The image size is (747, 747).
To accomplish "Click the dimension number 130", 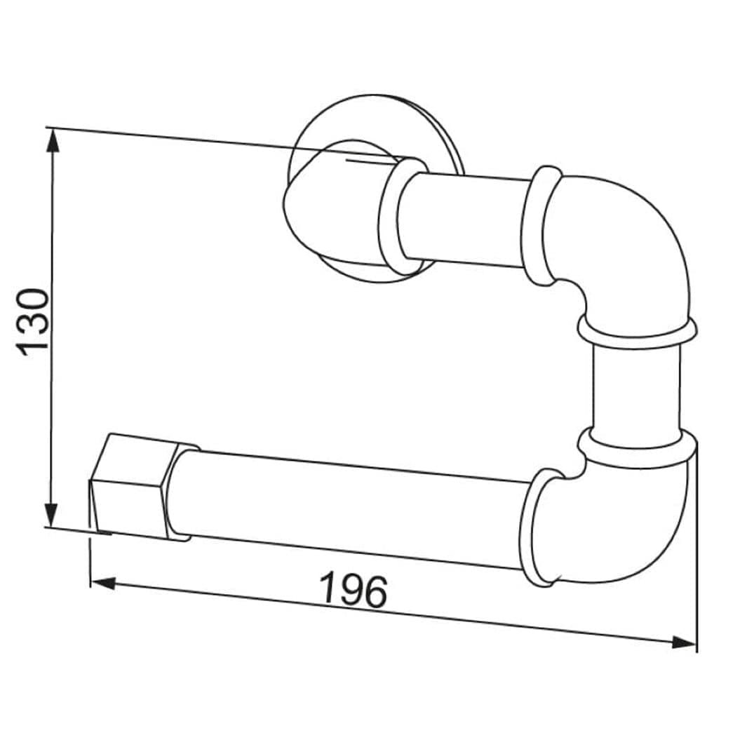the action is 32,322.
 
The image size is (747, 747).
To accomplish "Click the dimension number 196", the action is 354,591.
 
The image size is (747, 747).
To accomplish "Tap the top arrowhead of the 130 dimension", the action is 52,140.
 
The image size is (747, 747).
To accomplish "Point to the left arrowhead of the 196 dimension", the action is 103,583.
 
